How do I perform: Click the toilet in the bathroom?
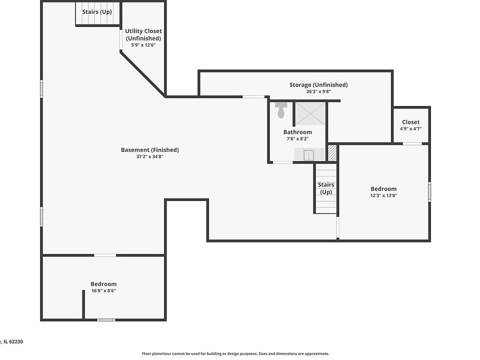281,110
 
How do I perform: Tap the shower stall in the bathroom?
310,114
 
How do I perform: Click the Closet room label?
410,122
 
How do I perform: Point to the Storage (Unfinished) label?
318,85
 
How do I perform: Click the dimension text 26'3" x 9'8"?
318,92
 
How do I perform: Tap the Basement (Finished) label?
149,150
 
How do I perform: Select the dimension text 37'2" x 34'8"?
149,157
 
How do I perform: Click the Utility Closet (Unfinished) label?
143,34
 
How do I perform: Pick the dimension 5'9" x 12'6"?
143,45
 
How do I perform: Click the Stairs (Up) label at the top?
97,11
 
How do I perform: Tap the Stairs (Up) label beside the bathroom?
326,188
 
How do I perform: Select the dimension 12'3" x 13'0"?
383,195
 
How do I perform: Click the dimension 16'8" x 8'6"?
103,291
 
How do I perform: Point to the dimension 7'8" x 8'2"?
297,139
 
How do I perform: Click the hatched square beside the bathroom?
332,153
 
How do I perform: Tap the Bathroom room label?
297,132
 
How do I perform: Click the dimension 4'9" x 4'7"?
410,129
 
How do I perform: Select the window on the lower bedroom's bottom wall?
106,319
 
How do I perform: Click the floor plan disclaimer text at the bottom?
235,353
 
